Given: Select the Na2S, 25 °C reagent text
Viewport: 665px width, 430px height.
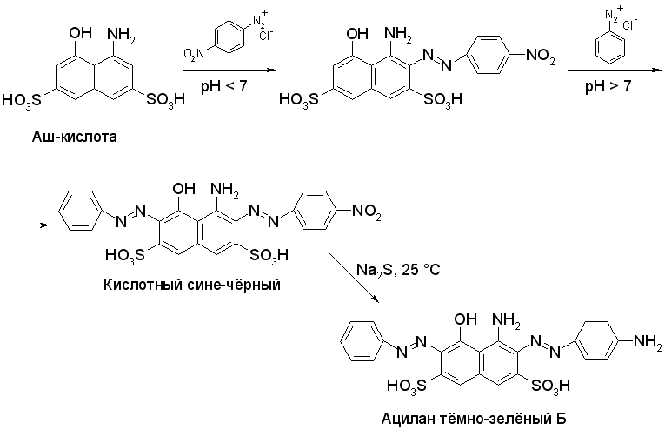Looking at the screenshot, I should click(399, 270).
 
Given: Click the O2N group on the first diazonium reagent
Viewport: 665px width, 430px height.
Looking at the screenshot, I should click(194, 55).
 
